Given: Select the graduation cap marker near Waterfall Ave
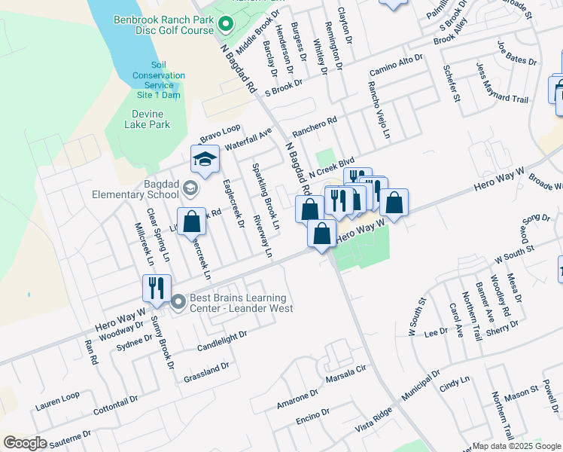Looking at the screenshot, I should (x=204, y=159).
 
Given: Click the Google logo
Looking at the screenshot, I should (x=25, y=443).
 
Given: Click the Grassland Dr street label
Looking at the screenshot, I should (x=205, y=371).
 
